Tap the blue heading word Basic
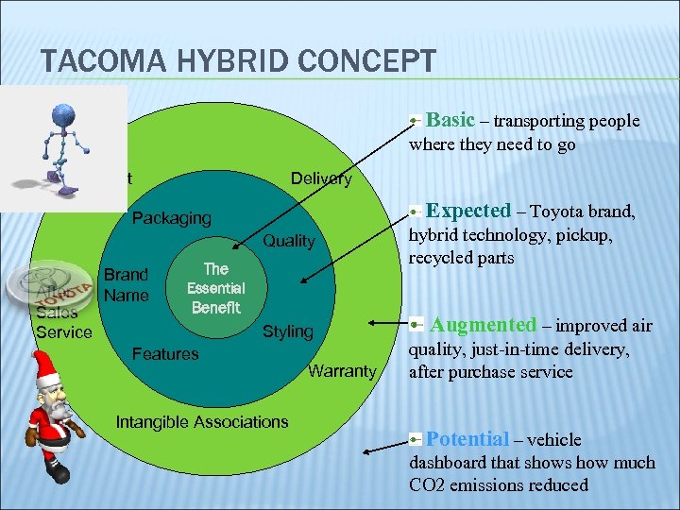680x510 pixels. [450, 120]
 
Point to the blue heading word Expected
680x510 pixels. [468, 211]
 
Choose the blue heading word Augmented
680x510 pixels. [484, 325]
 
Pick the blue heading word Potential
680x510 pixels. [467, 438]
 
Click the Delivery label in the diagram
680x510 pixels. [321, 178]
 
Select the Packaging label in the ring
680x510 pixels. [172, 218]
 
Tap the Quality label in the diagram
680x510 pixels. [289, 241]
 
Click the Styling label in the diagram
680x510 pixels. [288, 331]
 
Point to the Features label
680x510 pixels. [165, 354]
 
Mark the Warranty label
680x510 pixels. [342, 371]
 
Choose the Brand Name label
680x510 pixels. [126, 285]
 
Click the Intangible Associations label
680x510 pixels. [201, 421]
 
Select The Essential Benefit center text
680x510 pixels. [215, 288]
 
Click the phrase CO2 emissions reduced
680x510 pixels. [498, 485]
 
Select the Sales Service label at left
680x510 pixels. [63, 323]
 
